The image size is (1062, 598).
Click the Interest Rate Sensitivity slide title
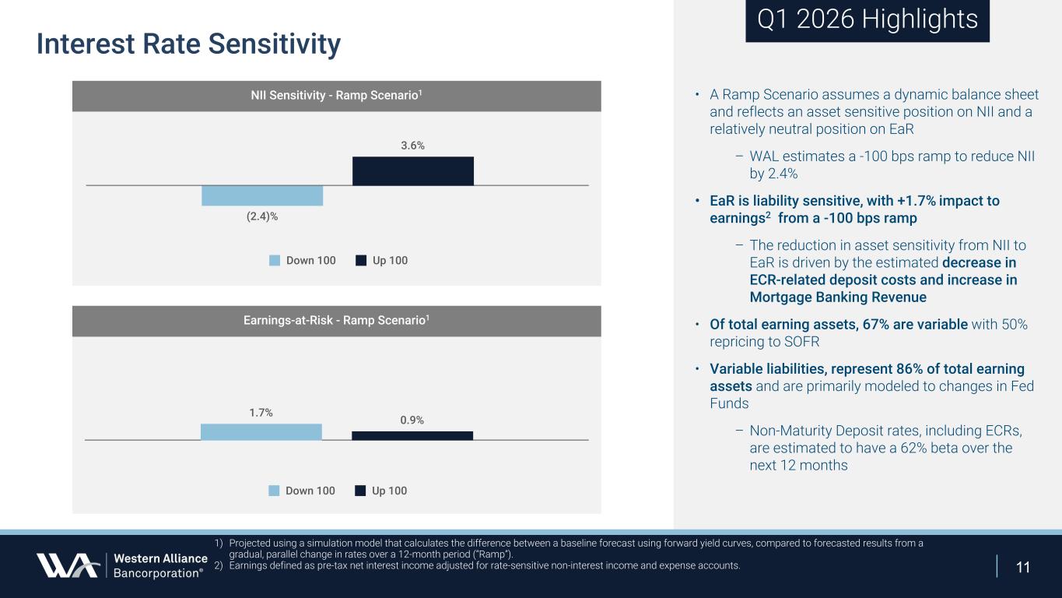click(x=188, y=44)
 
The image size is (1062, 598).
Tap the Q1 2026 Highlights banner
click(x=867, y=19)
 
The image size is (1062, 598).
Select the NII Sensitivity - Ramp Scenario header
click(x=336, y=96)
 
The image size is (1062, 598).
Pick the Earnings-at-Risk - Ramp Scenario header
click(x=336, y=320)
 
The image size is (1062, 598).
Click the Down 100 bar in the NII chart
click(x=262, y=195)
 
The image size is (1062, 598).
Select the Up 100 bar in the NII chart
click(x=412, y=171)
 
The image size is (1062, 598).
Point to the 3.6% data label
click(x=412, y=146)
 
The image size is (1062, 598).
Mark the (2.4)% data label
click(x=262, y=216)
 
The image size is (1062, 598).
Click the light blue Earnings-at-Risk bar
click(x=261, y=432)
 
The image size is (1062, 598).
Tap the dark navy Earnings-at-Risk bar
click(x=412, y=436)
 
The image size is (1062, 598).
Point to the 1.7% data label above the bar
click(x=261, y=413)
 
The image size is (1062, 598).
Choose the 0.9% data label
click(x=412, y=420)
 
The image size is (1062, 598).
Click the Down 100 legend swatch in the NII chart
click(x=275, y=261)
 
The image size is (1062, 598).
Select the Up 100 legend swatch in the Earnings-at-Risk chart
click(x=360, y=491)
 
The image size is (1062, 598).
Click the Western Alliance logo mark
click(x=67, y=565)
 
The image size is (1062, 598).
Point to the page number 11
click(x=1023, y=568)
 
